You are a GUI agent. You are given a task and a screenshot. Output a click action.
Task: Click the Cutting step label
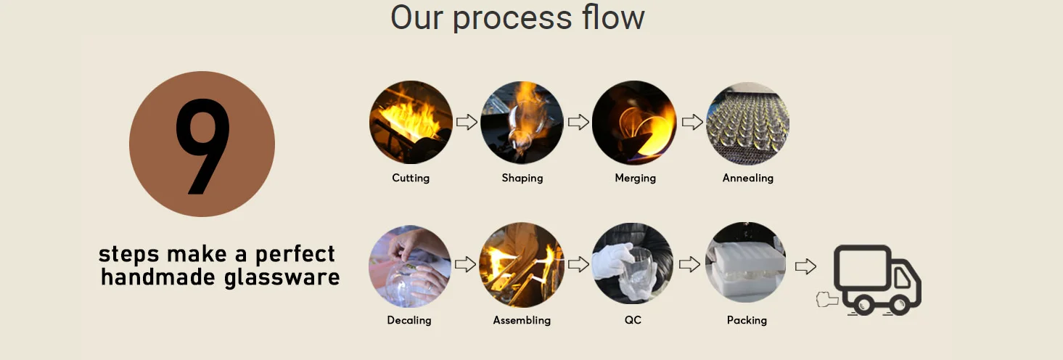point(411,178)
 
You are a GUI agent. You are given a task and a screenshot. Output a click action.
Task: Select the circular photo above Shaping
point(522,122)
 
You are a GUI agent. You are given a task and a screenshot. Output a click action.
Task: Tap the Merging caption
point(635,178)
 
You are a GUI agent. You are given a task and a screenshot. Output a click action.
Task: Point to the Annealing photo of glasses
point(747,123)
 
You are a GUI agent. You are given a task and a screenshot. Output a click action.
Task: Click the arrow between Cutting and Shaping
point(467,122)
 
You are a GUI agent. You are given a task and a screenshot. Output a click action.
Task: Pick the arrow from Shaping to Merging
point(578,122)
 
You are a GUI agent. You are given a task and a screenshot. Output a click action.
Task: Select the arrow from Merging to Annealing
point(692,122)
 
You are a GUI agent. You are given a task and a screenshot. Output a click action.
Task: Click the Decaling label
point(409,320)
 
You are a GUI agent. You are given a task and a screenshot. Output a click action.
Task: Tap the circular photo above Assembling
point(522,265)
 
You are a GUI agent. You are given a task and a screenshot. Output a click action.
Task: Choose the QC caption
point(633,320)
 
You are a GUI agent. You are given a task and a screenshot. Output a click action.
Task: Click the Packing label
point(747,320)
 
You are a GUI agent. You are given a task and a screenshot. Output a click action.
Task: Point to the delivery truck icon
point(877,279)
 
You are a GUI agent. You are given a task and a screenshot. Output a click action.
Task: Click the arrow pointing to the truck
point(805,266)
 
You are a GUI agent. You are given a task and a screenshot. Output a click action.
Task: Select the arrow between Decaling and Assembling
point(465,264)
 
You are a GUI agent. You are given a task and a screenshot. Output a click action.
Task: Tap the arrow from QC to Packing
point(689,264)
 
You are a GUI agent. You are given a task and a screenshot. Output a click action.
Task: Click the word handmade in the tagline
point(157,277)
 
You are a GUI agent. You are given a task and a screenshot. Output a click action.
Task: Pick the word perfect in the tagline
point(295,254)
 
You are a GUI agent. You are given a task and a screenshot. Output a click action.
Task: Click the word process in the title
point(513,17)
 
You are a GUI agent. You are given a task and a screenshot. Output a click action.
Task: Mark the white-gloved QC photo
point(632,263)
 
